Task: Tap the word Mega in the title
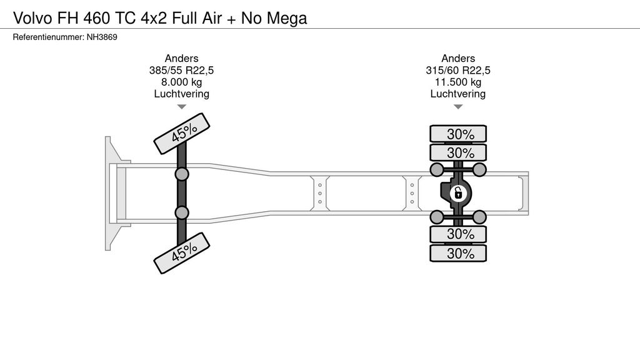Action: [x=287, y=18]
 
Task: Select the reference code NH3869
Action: [x=101, y=37]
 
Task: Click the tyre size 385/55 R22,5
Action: [x=182, y=71]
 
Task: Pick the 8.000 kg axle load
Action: [x=182, y=82]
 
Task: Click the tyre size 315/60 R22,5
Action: [x=458, y=71]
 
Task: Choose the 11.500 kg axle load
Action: [x=458, y=82]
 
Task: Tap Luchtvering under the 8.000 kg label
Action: [x=182, y=94]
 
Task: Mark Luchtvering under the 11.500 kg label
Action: [x=458, y=94]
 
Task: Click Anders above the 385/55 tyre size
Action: [x=182, y=59]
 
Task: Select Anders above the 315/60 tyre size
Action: [x=458, y=59]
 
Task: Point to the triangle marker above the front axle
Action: [x=182, y=107]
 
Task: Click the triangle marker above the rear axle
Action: [x=458, y=107]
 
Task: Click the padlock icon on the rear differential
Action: [x=458, y=193]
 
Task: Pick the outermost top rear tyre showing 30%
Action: [x=458, y=134]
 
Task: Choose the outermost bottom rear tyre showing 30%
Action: [x=458, y=253]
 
